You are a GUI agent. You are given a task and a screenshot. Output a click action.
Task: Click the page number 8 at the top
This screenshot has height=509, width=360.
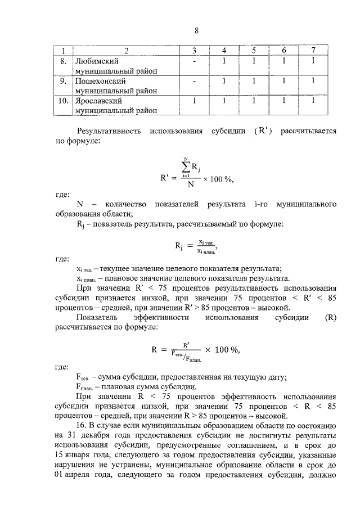196,30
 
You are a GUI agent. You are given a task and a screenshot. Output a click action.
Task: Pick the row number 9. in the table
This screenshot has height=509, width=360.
64,81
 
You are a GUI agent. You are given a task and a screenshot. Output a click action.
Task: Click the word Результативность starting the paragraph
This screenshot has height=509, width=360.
108,132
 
